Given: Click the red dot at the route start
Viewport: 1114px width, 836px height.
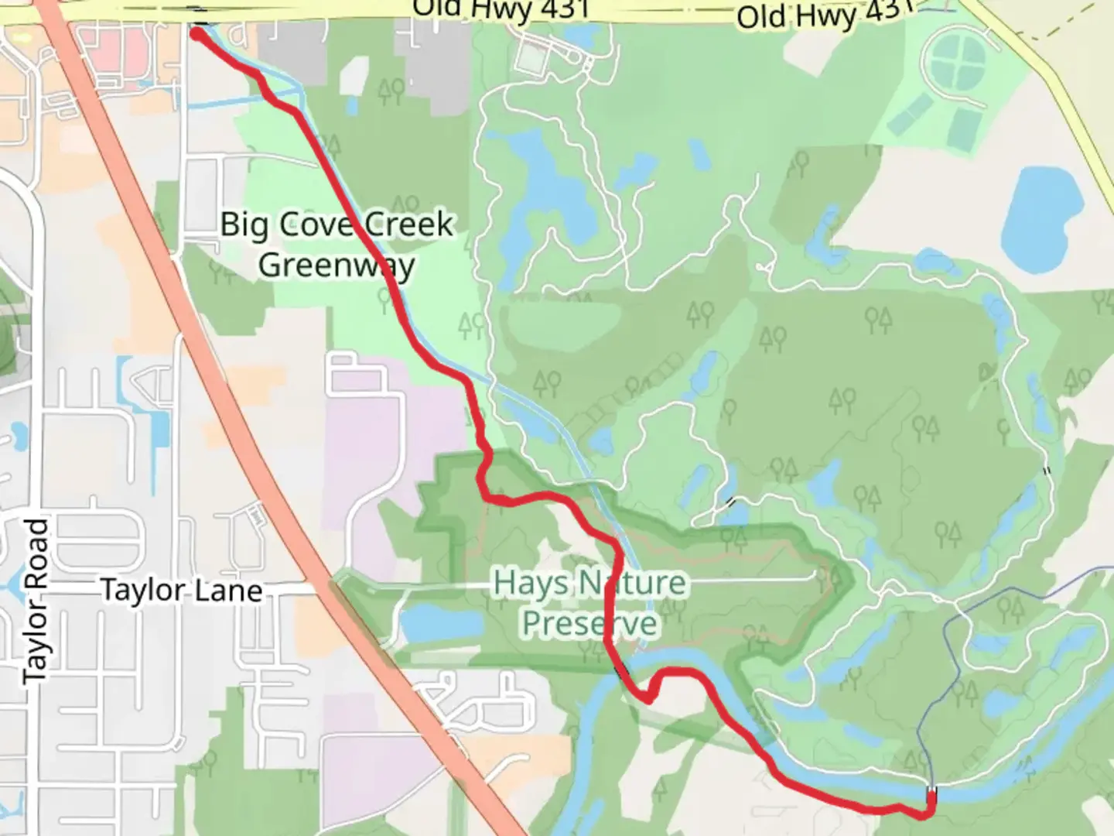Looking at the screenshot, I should (198, 33).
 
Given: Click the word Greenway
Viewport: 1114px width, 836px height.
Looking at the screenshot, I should (337, 266).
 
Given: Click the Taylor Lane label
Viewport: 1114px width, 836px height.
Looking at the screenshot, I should (182, 591).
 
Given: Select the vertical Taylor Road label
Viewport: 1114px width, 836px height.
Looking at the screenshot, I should (36, 601).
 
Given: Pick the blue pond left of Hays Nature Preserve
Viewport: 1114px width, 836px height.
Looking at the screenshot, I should (431, 623).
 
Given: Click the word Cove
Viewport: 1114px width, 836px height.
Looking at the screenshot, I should (318, 224).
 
